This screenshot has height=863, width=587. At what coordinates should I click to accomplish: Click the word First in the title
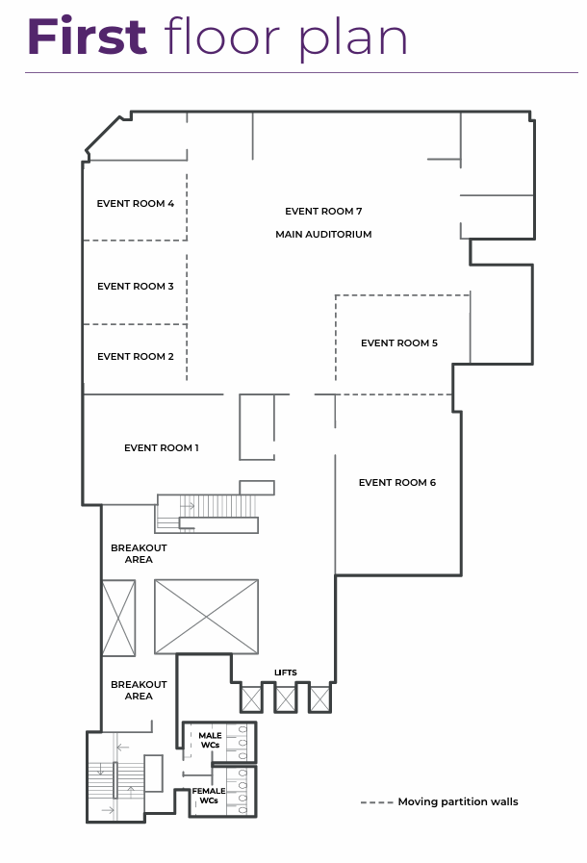(x=87, y=37)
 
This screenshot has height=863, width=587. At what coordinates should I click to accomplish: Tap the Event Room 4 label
(x=136, y=204)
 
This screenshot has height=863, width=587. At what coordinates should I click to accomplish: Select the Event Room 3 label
(x=136, y=286)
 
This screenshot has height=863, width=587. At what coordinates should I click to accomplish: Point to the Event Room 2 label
(x=136, y=357)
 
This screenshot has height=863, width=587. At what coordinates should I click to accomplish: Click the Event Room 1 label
(x=162, y=448)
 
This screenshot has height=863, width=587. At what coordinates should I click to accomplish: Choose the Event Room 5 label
(x=399, y=343)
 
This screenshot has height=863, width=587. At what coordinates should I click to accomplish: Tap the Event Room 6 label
(x=397, y=483)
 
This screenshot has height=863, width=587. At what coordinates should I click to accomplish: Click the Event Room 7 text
(x=323, y=212)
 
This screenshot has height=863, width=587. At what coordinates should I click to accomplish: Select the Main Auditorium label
(x=323, y=235)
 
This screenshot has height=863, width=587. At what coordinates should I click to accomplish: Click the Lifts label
(x=286, y=673)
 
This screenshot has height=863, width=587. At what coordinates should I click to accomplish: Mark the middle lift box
(x=286, y=699)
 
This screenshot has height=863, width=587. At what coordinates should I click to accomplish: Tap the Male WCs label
(x=211, y=740)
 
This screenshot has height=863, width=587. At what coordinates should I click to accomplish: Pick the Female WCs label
(x=209, y=796)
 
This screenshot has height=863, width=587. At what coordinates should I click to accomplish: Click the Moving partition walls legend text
(x=458, y=802)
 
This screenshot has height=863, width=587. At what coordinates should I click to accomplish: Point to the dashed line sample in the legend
(x=376, y=802)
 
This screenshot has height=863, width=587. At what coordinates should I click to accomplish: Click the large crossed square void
(x=207, y=617)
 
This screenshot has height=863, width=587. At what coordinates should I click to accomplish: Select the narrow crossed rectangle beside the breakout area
(x=119, y=618)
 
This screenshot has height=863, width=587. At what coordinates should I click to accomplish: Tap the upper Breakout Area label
(x=139, y=553)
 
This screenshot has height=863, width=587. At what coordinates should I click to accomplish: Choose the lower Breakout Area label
(x=139, y=690)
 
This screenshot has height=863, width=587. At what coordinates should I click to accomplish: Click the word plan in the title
(x=353, y=39)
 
